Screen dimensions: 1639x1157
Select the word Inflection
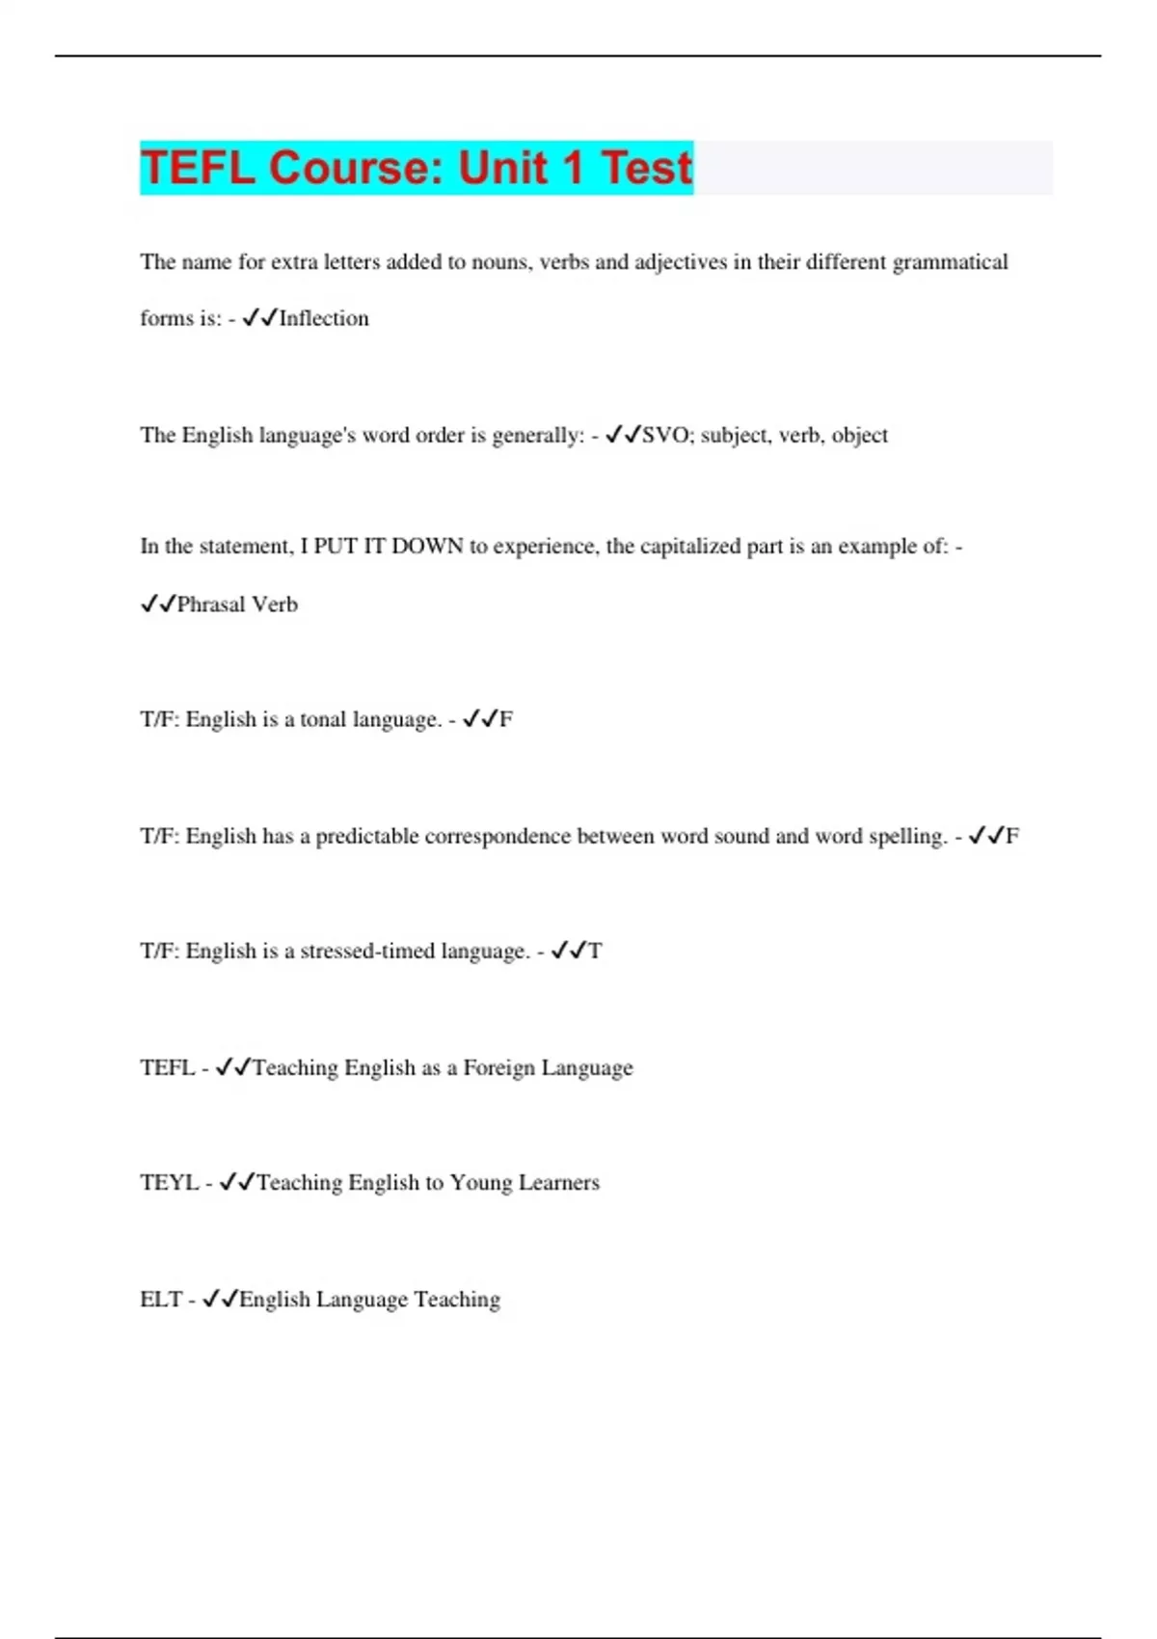[324, 318]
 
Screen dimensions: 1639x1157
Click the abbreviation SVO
[666, 435]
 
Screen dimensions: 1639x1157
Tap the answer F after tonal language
[506, 719]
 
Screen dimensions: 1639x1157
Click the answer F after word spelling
[1012, 836]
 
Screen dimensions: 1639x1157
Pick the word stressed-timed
[367, 952]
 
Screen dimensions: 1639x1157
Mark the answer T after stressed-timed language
[595, 952]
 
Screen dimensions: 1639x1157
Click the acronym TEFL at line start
[168, 1067]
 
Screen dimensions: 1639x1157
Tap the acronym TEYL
[170, 1183]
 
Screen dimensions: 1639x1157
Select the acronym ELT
[161, 1300]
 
